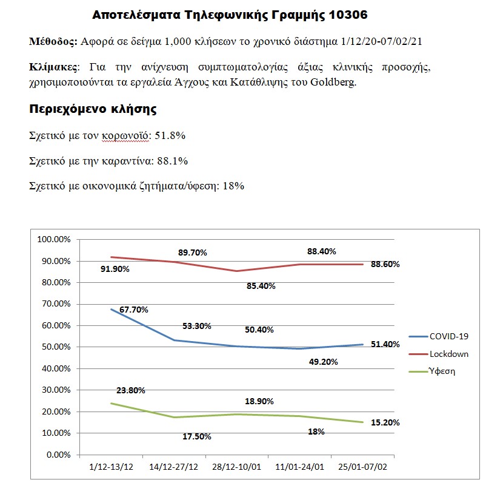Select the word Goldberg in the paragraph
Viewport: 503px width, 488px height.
(333, 83)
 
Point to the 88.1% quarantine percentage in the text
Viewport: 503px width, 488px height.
(173, 161)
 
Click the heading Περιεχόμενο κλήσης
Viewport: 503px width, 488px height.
(93, 110)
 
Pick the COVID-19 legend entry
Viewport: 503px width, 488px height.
(448, 336)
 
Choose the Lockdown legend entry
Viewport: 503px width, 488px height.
(449, 354)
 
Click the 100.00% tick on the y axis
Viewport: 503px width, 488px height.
(54, 239)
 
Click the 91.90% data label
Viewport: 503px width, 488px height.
(115, 269)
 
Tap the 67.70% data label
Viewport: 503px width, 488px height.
(134, 310)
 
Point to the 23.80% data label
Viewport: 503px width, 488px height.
(131, 391)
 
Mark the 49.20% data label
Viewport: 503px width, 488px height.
(324, 362)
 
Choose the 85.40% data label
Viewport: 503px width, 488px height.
(261, 285)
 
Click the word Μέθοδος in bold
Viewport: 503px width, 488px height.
(53, 42)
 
